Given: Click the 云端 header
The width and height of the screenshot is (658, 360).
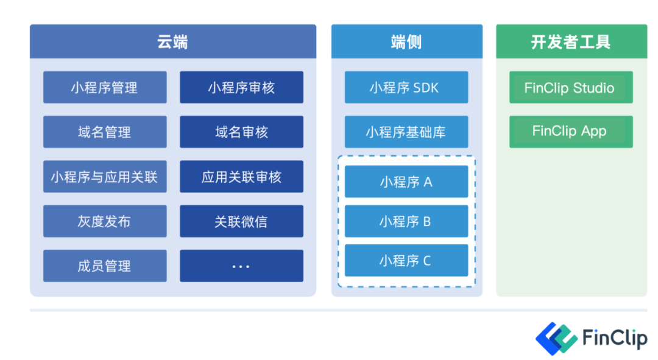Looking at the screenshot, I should (x=172, y=41).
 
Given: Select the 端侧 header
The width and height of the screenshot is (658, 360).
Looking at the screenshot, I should (x=406, y=41).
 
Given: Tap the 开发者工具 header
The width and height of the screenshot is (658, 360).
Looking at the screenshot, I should (x=571, y=41).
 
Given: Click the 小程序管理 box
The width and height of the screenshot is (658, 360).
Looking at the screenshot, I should (x=105, y=87).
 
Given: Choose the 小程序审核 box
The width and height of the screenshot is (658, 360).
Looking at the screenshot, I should (x=241, y=87).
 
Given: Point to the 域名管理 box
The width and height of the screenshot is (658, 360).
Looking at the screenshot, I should (x=105, y=132).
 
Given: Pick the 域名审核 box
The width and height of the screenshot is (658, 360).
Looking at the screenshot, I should (x=241, y=132).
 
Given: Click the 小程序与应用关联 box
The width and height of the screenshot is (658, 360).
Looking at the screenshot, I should (x=105, y=177).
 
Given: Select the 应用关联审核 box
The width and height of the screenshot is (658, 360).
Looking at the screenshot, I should (x=241, y=177).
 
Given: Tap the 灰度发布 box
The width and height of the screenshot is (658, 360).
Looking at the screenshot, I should (x=105, y=221).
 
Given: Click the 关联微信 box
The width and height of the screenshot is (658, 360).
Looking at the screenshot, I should (x=241, y=221).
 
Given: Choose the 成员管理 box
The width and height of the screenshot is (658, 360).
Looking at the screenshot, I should (x=105, y=266).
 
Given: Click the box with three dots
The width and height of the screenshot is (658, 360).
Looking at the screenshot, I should (x=241, y=266).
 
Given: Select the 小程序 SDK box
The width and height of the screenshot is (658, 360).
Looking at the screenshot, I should (x=406, y=87).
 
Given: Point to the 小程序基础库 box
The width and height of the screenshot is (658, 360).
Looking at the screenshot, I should (x=406, y=132).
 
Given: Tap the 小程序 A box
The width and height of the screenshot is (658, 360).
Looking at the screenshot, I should (x=406, y=182).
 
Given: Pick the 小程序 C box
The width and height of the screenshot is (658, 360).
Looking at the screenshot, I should (x=406, y=261).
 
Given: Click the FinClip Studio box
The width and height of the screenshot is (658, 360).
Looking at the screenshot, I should (x=571, y=87).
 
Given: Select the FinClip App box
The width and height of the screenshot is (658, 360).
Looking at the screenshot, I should (x=571, y=132).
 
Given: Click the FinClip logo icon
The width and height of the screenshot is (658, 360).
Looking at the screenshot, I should (x=556, y=337).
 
